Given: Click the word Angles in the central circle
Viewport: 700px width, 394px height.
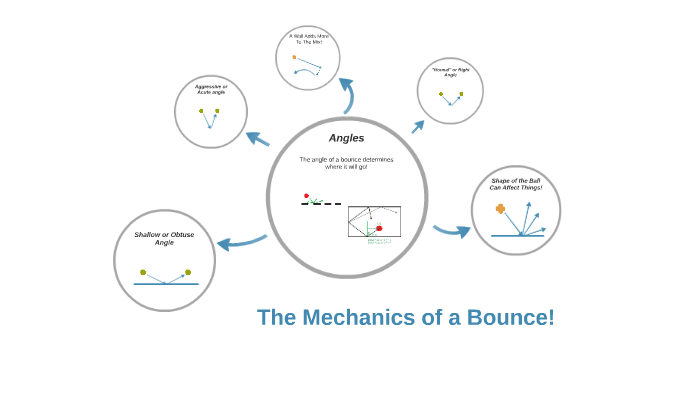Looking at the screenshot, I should (x=346, y=138).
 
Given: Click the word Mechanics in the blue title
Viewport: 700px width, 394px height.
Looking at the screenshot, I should (x=358, y=318).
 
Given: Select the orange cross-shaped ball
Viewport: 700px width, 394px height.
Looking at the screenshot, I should (x=500, y=208).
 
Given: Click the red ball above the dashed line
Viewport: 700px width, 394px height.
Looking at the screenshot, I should (x=306, y=196).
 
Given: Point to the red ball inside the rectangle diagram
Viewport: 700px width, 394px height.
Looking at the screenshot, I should (x=379, y=228).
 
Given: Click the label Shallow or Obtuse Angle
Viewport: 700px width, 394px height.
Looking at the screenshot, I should (x=164, y=238).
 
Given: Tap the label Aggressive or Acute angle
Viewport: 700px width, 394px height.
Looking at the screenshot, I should (x=211, y=90).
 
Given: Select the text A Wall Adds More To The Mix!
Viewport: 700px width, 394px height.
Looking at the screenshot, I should (x=308, y=39).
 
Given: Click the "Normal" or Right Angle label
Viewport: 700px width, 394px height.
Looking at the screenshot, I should (x=449, y=72).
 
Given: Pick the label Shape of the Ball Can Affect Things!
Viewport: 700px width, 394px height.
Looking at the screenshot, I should (x=516, y=183).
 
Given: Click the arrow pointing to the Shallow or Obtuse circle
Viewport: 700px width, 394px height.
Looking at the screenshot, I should (x=240, y=242).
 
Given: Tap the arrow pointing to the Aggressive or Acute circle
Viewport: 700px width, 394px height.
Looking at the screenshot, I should (x=257, y=138).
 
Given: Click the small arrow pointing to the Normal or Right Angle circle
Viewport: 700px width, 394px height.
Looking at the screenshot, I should (x=417, y=127).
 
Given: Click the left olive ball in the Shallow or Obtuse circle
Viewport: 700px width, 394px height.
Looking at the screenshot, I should (x=143, y=272).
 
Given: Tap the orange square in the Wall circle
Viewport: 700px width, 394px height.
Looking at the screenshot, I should (x=294, y=57).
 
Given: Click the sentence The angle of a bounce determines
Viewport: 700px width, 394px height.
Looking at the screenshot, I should (x=346, y=159).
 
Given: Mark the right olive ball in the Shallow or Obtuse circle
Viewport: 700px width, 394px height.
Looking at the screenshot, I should (x=187, y=272).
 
